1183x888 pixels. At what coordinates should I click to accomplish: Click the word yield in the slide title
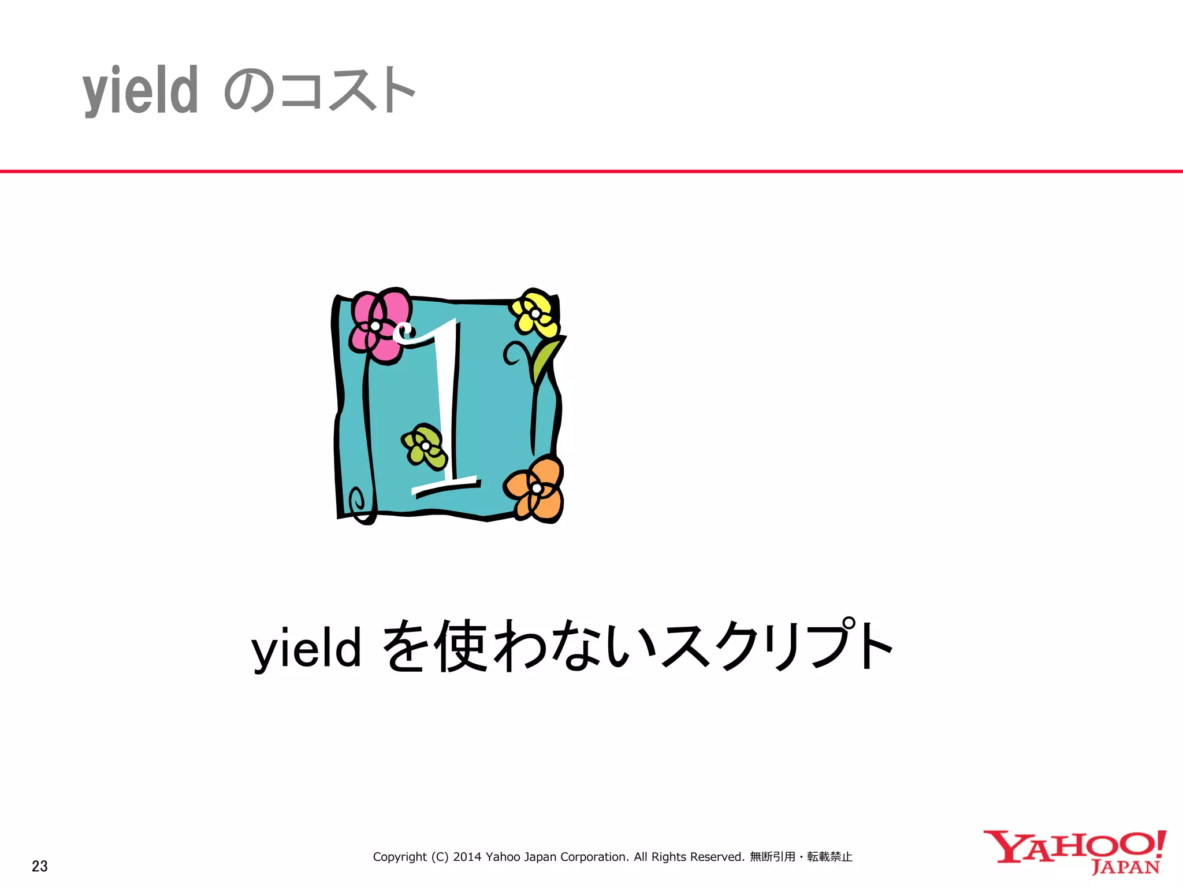[140, 91]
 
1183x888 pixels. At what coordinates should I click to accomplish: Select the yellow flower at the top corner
[535, 313]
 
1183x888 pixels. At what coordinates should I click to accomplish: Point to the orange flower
[535, 489]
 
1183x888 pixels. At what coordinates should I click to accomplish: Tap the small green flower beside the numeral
[425, 446]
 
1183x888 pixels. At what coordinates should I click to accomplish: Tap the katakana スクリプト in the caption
[777, 646]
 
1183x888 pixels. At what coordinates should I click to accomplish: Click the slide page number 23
[40, 866]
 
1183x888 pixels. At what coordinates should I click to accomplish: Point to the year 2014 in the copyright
[467, 857]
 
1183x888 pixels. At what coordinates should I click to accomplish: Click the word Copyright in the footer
[400, 857]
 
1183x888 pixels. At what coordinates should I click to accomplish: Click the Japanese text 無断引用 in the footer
[772, 857]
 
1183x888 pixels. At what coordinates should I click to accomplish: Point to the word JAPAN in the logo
[1125, 868]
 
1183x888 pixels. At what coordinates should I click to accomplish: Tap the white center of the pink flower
[375, 326]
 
